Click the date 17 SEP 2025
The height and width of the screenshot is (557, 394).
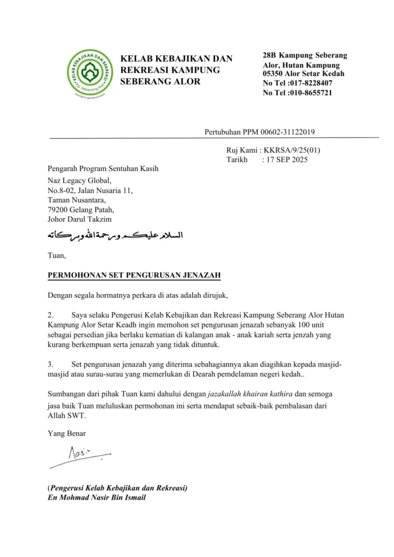point(285,160)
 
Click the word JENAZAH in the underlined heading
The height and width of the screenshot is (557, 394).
point(201,276)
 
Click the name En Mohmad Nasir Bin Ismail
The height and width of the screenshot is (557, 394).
point(97,498)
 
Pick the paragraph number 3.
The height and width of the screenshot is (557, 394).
point(50,363)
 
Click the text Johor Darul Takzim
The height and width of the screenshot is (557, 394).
point(79,220)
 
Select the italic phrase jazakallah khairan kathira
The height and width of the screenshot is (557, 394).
point(253,394)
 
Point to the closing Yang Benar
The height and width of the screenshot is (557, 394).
point(66,434)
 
